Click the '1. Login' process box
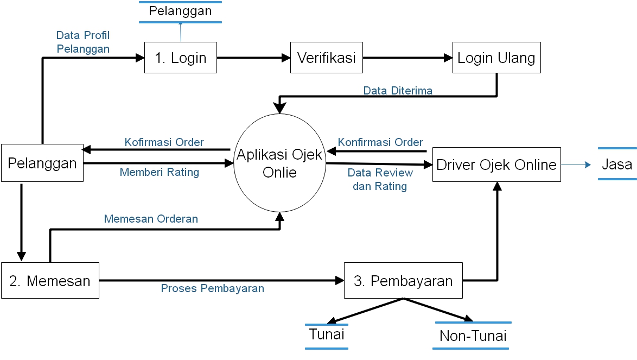(x=180, y=58)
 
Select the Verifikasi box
(x=327, y=58)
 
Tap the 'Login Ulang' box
(x=496, y=58)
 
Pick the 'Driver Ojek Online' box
(x=496, y=165)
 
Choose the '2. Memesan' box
(x=50, y=281)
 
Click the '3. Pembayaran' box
(x=403, y=281)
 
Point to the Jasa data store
(x=617, y=163)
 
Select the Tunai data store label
(x=327, y=334)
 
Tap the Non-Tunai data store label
(x=473, y=336)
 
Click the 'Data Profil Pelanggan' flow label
(x=83, y=42)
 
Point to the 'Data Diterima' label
(x=398, y=91)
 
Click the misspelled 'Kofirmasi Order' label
(x=164, y=142)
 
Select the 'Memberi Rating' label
(x=159, y=172)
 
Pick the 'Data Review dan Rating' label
(x=380, y=179)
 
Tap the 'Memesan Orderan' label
(x=151, y=219)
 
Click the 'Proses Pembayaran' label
(x=212, y=288)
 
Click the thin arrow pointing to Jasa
(x=576, y=164)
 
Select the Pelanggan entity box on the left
(x=42, y=163)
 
